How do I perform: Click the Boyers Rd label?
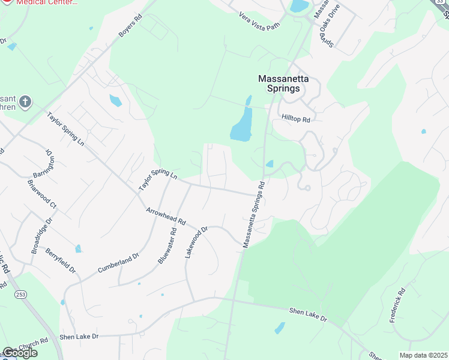(130, 26)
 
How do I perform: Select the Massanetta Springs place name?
(279, 83)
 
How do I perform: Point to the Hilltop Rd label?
(296, 119)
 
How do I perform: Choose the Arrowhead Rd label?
(166, 217)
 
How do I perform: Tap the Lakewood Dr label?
(196, 242)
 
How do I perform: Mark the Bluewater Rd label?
(167, 246)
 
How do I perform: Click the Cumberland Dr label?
(119, 263)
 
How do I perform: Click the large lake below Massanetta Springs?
(242, 125)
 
